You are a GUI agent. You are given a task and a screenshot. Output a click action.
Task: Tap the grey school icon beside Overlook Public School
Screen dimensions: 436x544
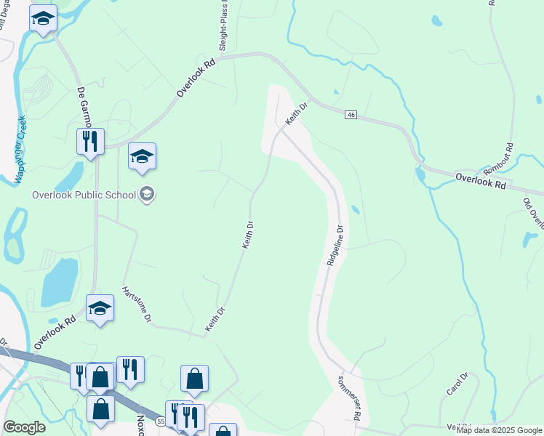[147, 194]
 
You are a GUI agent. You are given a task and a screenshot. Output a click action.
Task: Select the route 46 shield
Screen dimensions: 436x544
[351, 116]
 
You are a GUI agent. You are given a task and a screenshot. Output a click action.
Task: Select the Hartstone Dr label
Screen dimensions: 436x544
[137, 303]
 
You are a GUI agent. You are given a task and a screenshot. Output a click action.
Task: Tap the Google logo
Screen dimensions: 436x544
[24, 427]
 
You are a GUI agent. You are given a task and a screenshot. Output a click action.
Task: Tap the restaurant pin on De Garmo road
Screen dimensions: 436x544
[90, 141]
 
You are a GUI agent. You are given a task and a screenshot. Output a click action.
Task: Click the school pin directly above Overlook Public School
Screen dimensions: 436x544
[142, 156]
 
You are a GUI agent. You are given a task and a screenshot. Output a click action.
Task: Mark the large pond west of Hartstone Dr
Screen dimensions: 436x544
[58, 282]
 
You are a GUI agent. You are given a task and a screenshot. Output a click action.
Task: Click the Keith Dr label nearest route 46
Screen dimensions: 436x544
[297, 113]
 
